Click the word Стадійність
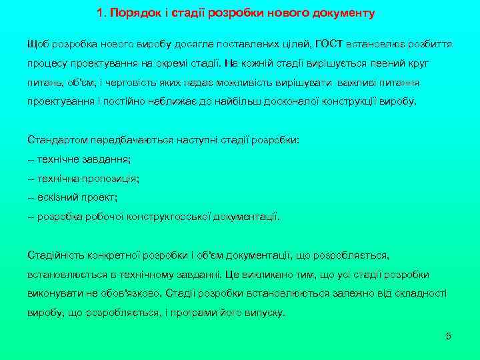(x=54, y=255)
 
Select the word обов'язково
(x=128, y=293)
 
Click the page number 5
(x=449, y=336)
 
